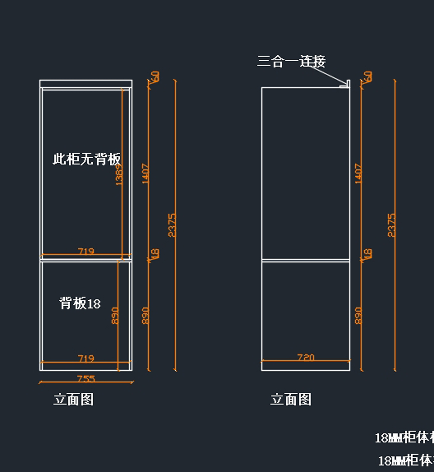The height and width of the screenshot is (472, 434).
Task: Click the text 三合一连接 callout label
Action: pyautogui.click(x=291, y=61)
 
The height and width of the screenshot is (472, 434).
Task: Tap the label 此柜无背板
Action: pyautogui.click(x=87, y=159)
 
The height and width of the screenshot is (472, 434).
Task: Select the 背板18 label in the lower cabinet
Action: pyautogui.click(x=80, y=303)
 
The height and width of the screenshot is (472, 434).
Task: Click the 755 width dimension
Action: pyautogui.click(x=86, y=378)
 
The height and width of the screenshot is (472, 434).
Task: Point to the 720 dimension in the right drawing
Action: pyautogui.click(x=306, y=357)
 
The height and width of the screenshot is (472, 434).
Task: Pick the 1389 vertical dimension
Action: pyautogui.click(x=119, y=175)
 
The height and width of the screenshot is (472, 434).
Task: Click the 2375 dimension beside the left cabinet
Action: pyautogui.click(x=172, y=225)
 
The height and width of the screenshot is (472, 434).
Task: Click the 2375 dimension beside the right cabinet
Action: pyautogui.click(x=391, y=225)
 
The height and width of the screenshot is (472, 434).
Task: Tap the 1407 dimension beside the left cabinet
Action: pyautogui.click(x=145, y=174)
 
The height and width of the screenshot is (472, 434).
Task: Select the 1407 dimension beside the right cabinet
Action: pyautogui.click(x=358, y=174)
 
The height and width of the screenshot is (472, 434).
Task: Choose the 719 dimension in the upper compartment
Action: pyautogui.click(x=86, y=251)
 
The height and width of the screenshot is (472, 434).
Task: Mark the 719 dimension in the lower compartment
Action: pyautogui.click(x=86, y=358)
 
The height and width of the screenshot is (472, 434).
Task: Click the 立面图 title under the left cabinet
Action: pyautogui.click(x=74, y=399)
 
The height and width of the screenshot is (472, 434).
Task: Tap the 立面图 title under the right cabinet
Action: pyautogui.click(x=291, y=399)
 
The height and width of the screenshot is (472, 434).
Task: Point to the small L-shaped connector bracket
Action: pyautogui.click(x=345, y=84)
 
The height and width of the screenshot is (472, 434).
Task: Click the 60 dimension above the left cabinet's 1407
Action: pyautogui.click(x=155, y=77)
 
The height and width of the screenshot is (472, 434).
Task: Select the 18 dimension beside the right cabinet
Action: pyautogui.click(x=368, y=253)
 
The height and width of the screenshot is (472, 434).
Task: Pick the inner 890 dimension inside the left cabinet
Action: pyautogui.click(x=115, y=315)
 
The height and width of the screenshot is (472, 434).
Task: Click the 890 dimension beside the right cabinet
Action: pyautogui.click(x=358, y=315)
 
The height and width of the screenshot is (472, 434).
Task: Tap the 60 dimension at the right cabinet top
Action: pyautogui.click(x=368, y=77)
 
